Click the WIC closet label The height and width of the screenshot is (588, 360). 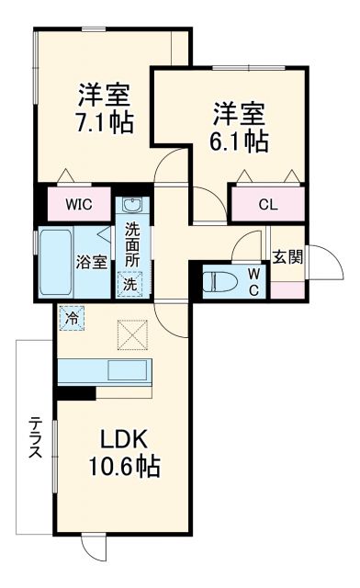tap(77, 204)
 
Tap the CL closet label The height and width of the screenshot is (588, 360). tap(267, 204)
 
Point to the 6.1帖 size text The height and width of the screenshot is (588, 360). tap(241, 141)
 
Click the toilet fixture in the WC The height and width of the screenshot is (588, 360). tap(219, 280)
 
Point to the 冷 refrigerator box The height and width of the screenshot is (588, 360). tap(71, 318)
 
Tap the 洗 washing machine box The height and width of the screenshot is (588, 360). tap(130, 285)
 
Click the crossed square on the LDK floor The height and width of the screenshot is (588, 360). tap(131, 334)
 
